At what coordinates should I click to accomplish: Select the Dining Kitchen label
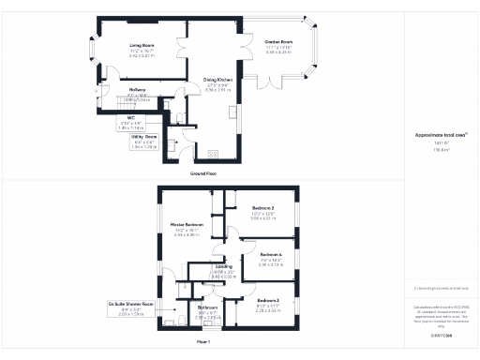pyautogui.click(x=217, y=82)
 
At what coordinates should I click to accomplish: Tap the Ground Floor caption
pyautogui.click(x=203, y=173)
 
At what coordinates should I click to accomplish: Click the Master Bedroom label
pyautogui.click(x=187, y=226)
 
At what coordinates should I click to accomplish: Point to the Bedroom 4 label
pyautogui.click(x=271, y=255)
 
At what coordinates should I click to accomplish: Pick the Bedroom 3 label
pyautogui.click(x=269, y=300)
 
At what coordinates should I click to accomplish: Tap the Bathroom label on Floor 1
pyautogui.click(x=207, y=307)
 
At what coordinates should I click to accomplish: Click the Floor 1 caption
pyautogui.click(x=202, y=342)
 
